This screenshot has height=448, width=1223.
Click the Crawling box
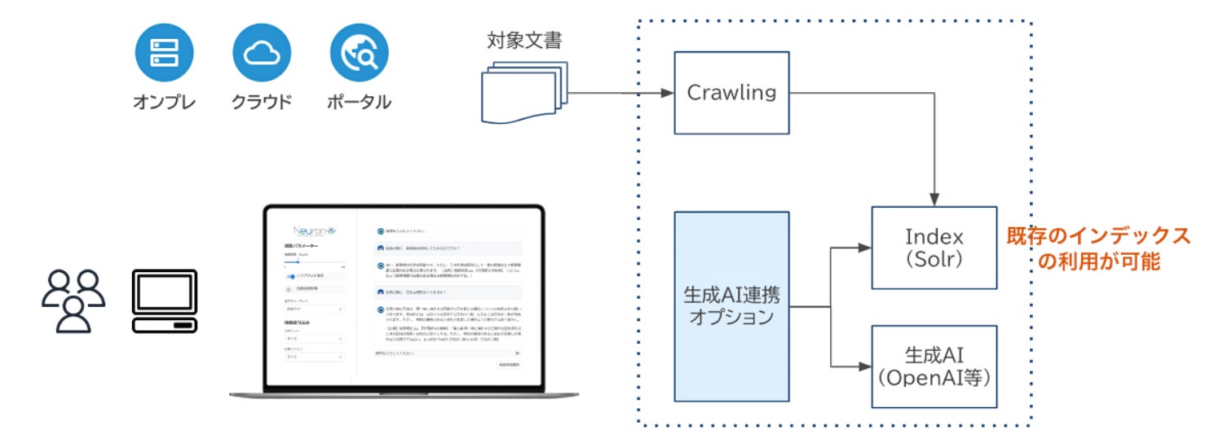tap(731, 93)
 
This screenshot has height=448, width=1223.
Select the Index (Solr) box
tap(934, 248)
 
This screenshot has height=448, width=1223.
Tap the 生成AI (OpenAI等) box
tap(934, 367)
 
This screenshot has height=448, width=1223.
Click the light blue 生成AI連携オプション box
tap(731, 306)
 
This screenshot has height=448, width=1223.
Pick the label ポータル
tap(359, 103)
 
